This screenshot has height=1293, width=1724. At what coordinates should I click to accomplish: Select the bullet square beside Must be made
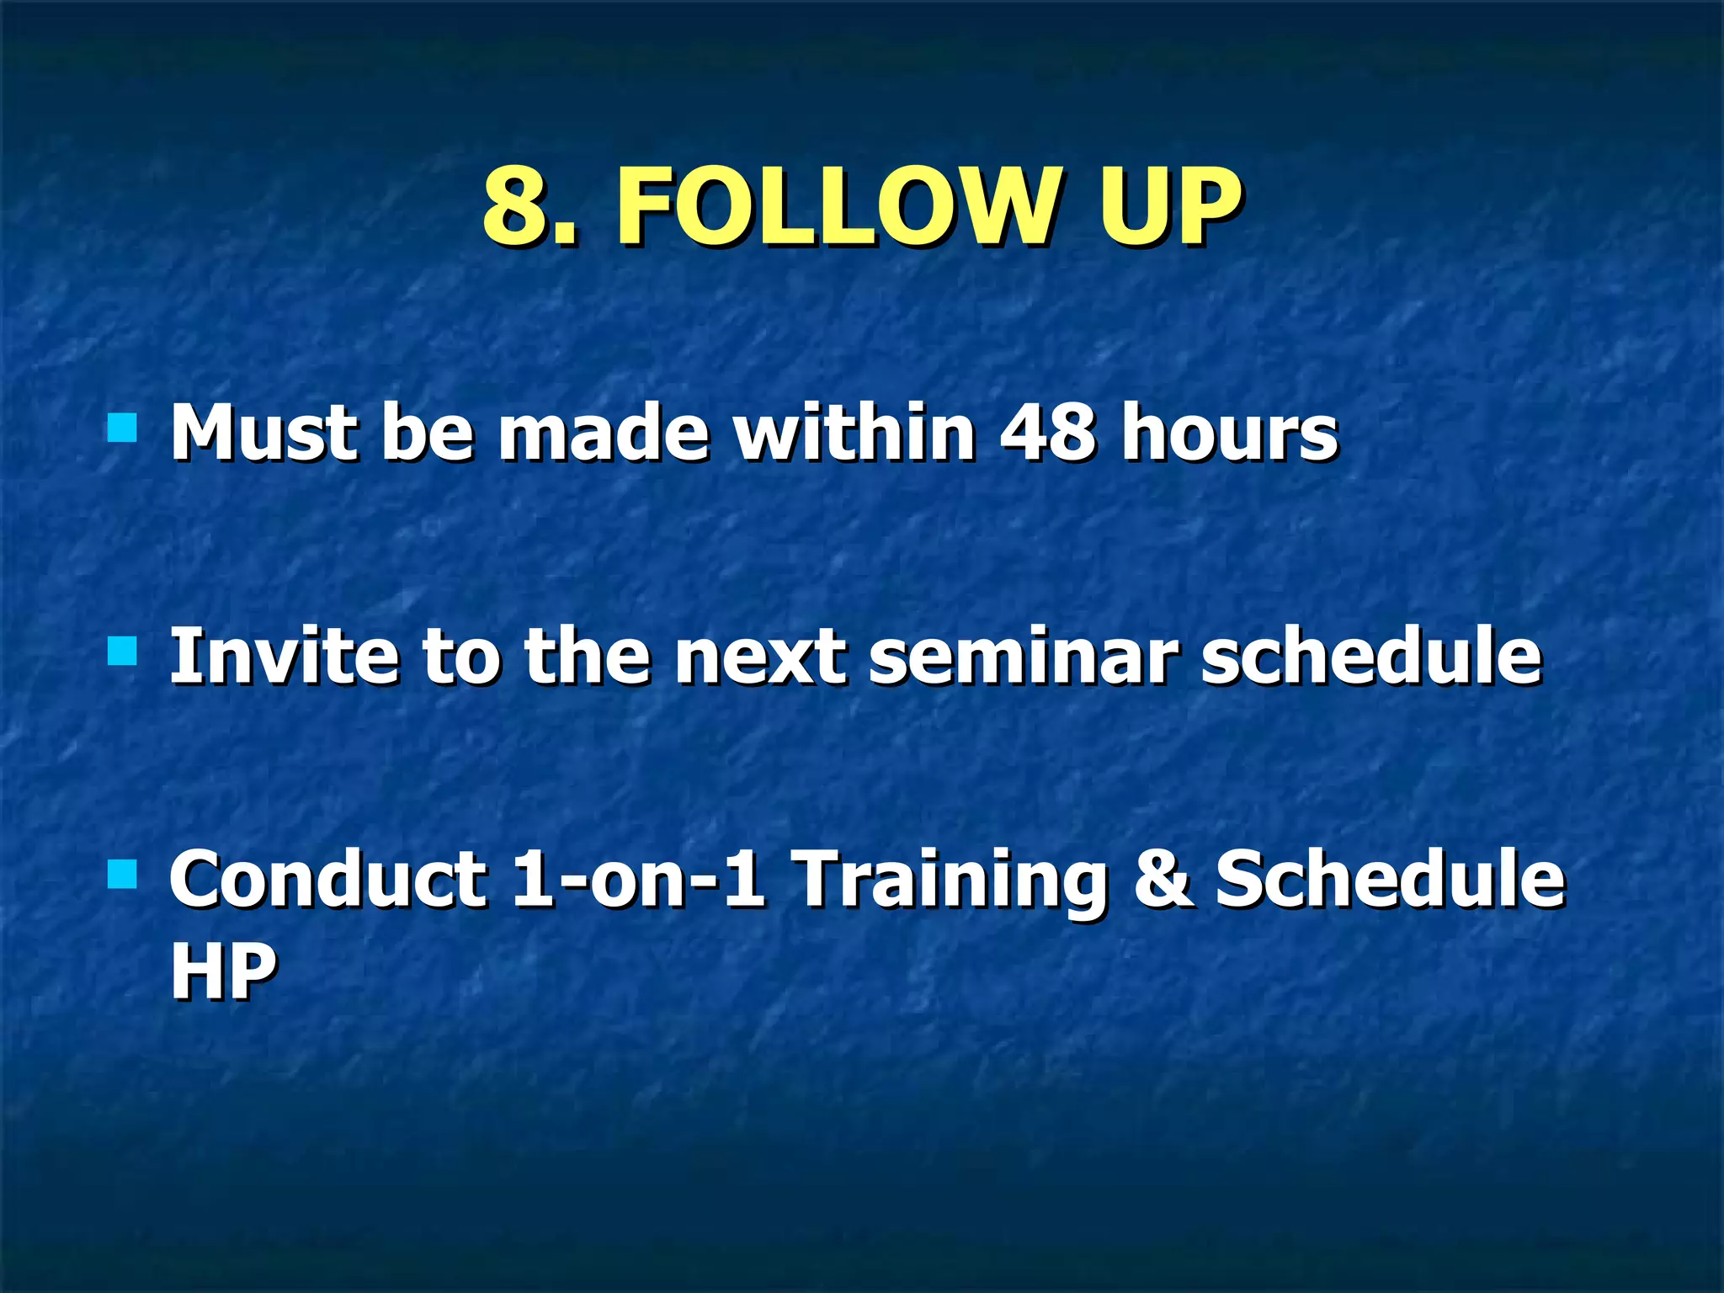[122, 427]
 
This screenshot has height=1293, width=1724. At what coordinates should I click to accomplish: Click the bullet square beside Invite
[122, 650]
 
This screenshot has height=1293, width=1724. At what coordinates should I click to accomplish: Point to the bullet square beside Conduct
[122, 874]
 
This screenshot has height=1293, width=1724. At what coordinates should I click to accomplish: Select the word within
[854, 434]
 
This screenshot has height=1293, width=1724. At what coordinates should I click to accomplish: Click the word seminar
[1020, 657]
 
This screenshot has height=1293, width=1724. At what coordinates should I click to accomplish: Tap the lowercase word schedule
[1371, 657]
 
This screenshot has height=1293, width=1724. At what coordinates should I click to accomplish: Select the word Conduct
[327, 880]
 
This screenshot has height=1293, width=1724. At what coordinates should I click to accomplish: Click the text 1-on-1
[638, 880]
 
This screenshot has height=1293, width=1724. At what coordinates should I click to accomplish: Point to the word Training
[951, 880]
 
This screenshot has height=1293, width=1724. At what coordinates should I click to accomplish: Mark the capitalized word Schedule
[1389, 880]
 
